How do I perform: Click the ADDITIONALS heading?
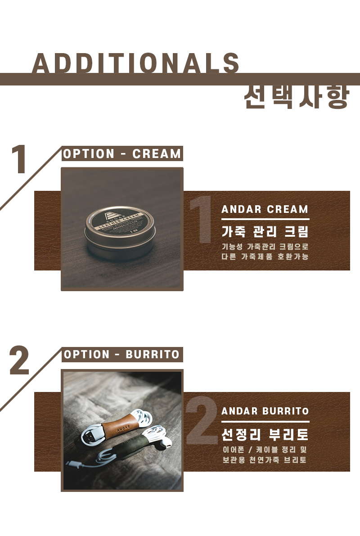click(136, 63)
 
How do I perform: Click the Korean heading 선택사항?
click(297, 97)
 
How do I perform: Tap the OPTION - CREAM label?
click(122, 154)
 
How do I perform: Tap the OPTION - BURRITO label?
click(122, 355)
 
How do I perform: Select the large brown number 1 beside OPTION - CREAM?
click(19, 159)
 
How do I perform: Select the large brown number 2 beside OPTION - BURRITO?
click(19, 360)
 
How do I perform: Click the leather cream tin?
click(119, 233)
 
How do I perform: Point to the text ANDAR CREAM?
click(265, 209)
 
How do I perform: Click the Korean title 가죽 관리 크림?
click(265, 231)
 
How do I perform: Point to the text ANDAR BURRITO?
click(265, 411)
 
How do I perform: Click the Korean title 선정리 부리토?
click(265, 434)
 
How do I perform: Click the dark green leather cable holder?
click(129, 446)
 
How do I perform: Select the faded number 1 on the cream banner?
click(201, 219)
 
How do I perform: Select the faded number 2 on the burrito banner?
click(202, 420)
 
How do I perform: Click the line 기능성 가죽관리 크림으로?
click(265, 247)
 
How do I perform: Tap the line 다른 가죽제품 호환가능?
click(265, 257)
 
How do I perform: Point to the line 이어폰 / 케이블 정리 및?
click(265, 450)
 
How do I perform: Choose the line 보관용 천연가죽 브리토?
click(265, 460)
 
